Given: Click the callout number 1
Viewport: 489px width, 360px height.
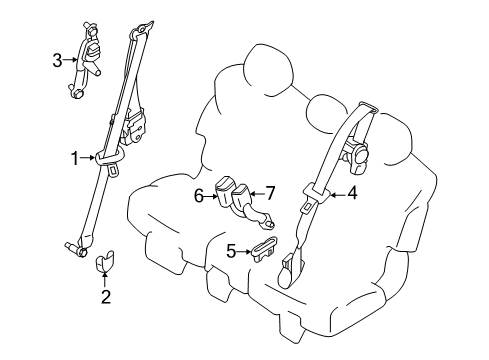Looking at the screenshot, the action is tap(74, 157).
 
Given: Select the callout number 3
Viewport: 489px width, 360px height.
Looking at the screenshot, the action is tap(57, 60).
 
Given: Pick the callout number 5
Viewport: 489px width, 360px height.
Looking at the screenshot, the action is tap(230, 252).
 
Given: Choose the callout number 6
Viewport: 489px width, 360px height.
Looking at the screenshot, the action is tap(199, 197).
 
